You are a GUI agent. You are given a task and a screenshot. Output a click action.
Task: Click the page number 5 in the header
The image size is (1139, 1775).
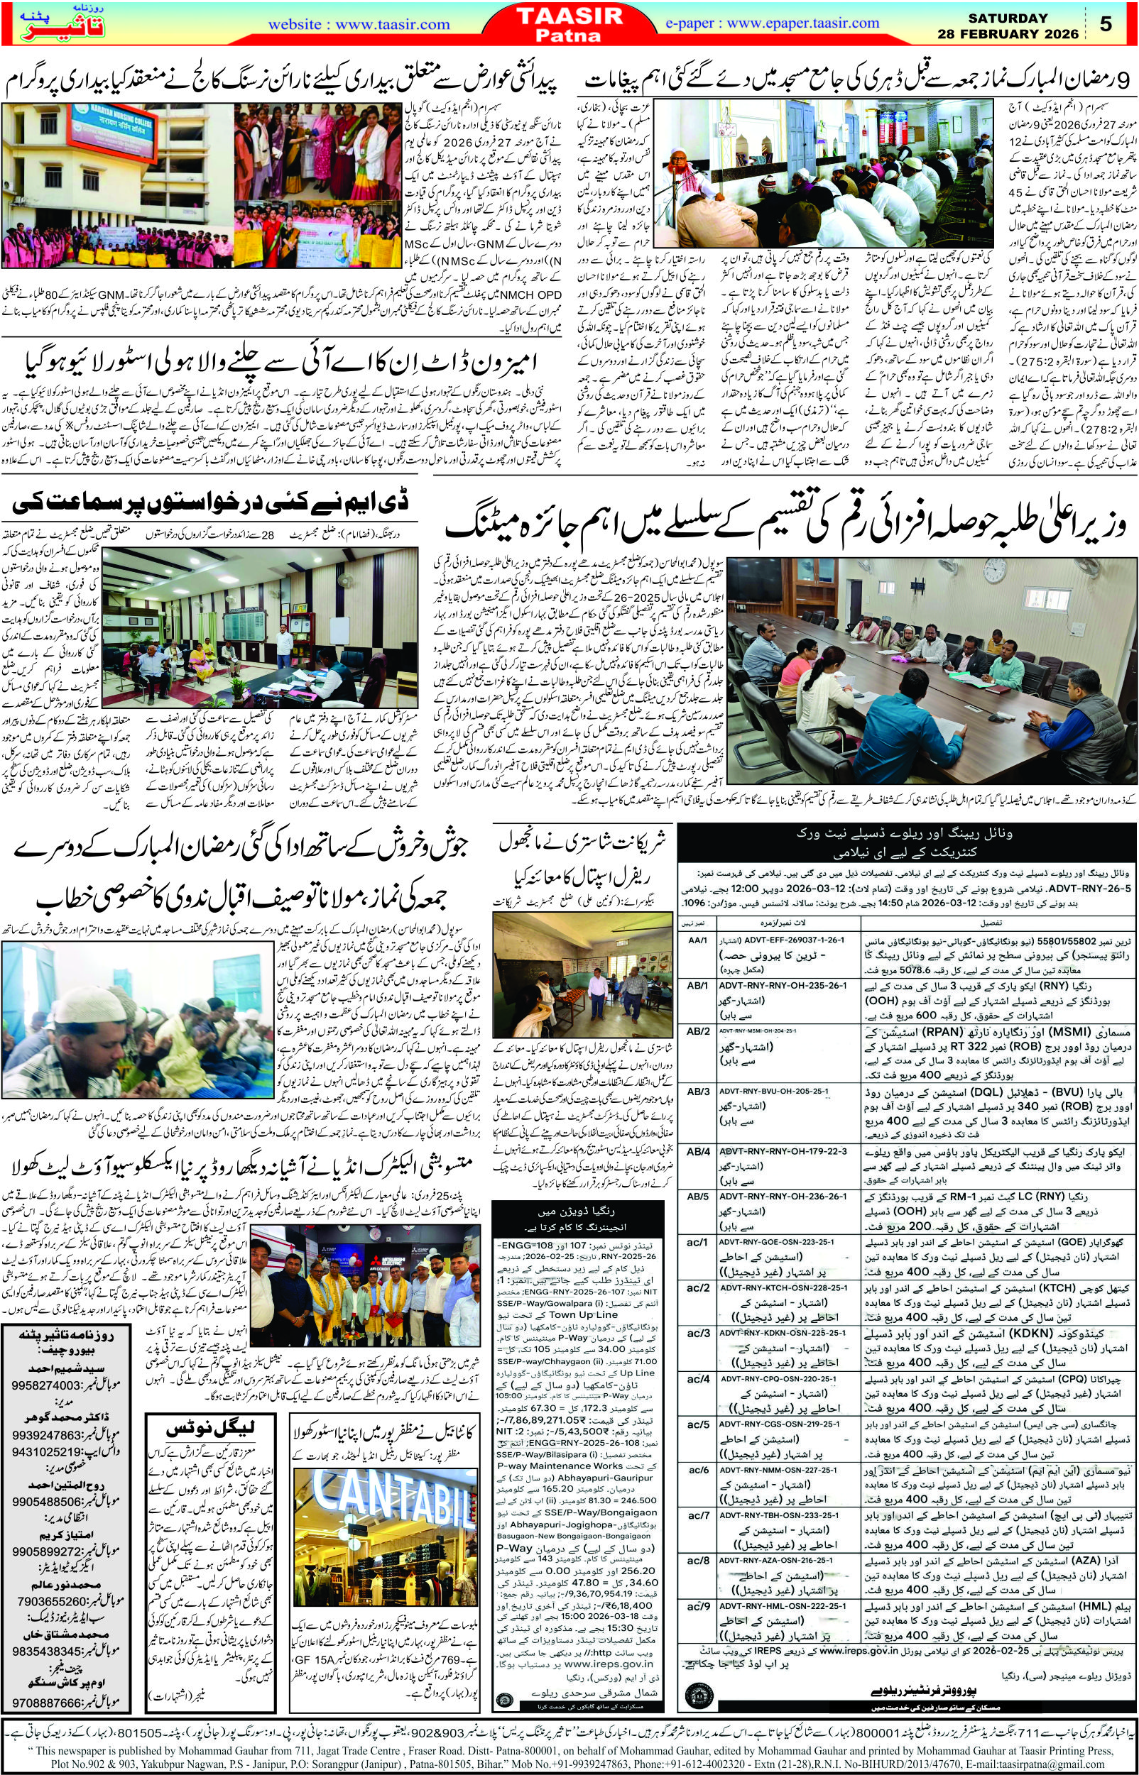(1106, 24)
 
